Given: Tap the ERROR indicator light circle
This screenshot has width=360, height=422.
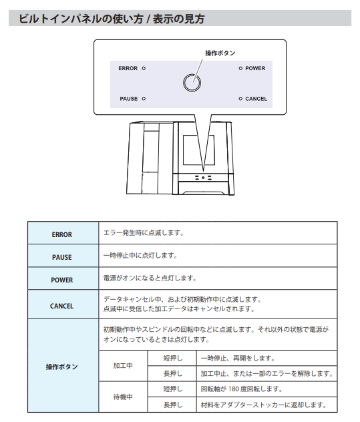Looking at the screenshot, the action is click(144, 68).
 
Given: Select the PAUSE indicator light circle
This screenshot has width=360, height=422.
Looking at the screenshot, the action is click(144, 99).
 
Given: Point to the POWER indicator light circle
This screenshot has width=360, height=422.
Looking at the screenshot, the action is click(240, 68).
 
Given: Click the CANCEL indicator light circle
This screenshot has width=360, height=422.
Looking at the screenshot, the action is click(240, 99).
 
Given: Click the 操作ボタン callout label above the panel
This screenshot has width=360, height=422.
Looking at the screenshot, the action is click(220, 53).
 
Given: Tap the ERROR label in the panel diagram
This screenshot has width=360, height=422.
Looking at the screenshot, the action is click(128, 68).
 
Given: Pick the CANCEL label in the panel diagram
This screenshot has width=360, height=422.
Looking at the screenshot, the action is click(256, 99).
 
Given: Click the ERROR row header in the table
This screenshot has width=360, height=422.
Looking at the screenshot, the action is click(62, 234).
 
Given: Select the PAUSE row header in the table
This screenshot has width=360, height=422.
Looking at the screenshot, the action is click(62, 257).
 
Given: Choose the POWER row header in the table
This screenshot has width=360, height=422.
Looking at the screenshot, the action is click(62, 280).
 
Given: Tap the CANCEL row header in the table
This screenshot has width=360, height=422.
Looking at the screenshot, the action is click(61, 306).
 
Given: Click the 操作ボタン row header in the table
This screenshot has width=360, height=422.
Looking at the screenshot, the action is click(61, 367).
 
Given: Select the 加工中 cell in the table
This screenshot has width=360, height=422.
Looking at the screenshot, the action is click(123, 366).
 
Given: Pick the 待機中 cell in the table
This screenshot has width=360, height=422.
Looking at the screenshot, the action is click(123, 397).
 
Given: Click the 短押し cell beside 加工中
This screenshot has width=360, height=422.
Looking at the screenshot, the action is click(173, 358).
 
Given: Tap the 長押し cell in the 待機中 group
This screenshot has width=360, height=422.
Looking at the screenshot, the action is click(173, 405).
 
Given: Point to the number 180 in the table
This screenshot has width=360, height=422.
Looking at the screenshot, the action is click(234, 389).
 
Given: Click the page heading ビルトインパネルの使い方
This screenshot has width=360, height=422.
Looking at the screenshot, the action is click(81, 19).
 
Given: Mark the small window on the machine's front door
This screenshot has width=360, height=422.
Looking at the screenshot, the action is click(199, 150).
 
